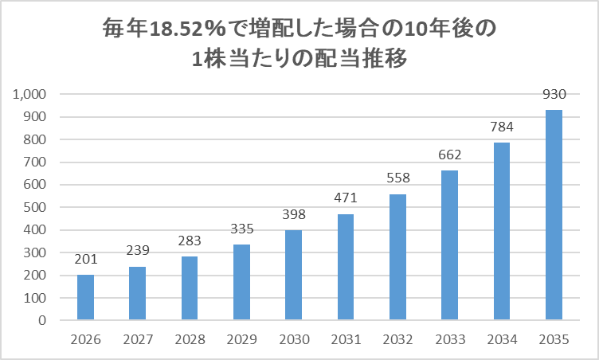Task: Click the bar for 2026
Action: coord(85,298)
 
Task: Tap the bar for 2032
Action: coord(397,257)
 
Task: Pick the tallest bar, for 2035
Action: coord(554,215)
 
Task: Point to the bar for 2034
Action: coord(502,232)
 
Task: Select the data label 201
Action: coord(85,260)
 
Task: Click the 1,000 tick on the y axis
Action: coord(32,95)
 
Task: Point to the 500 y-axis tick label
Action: coord(37,208)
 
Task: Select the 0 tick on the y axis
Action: coord(45,321)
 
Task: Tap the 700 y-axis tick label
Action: coord(37,162)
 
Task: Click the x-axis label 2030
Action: coord(294,339)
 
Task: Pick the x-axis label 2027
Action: coord(138,339)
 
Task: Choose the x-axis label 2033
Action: coord(449,339)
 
